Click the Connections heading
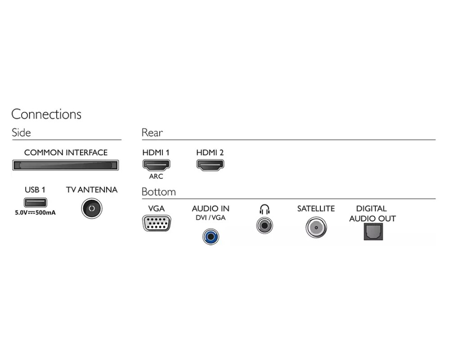point(46,114)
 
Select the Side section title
point(21,133)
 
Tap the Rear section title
point(152,133)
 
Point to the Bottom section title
point(158,192)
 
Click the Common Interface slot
point(66,165)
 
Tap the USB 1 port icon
point(35,202)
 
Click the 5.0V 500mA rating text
point(35,212)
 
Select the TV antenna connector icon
point(92,208)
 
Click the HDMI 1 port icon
point(156,165)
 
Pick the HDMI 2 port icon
point(210,165)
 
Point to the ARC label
point(156,176)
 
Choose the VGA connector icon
point(156,223)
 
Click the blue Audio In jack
point(210,235)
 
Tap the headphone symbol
point(265,209)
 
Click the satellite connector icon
point(316,227)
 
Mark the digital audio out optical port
point(373,231)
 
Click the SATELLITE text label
point(316,209)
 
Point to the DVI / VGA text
point(210,218)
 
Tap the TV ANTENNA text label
point(92,190)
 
